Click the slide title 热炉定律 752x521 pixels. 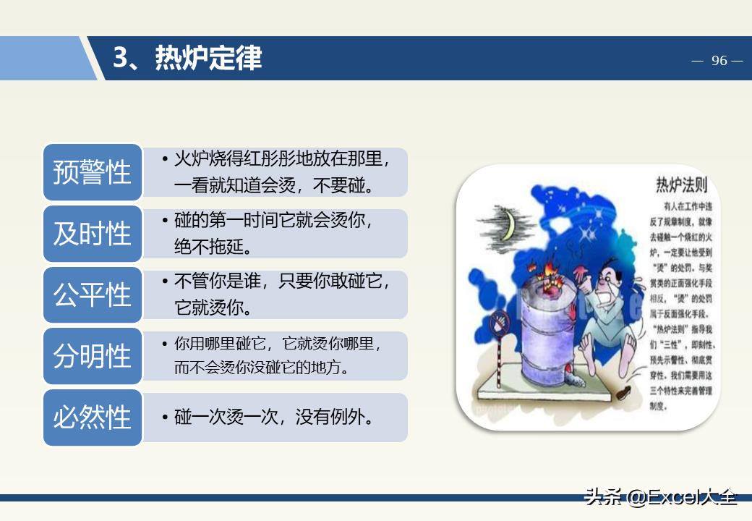click(187, 59)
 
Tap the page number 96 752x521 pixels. click(719, 61)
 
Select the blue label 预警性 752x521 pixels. click(92, 172)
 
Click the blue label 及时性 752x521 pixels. click(92, 234)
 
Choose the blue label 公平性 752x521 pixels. click(92, 295)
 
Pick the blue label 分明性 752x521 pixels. click(92, 356)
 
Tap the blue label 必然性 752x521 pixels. click(92, 418)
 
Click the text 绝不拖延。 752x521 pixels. click(213, 247)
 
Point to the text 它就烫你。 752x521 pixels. click(213, 308)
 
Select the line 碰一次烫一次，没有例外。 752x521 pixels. click(275, 418)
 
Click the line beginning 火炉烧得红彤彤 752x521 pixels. click(282, 159)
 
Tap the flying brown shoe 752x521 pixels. click(621, 393)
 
